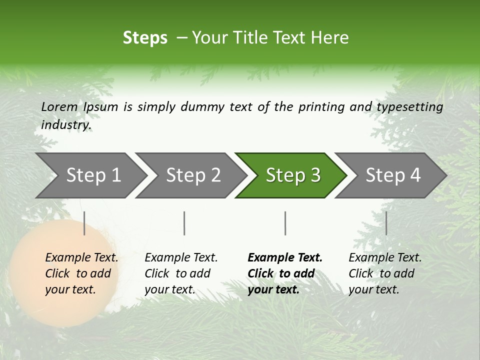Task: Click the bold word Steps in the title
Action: pyautogui.click(x=145, y=38)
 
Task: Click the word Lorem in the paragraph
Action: pyautogui.click(x=59, y=107)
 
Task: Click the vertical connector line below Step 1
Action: pyautogui.click(x=84, y=223)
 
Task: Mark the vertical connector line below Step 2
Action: pyautogui.click(x=184, y=223)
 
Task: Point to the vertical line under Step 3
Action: pyautogui.click(x=285, y=223)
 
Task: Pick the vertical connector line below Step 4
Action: pyautogui.click(x=386, y=223)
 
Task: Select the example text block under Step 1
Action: pyautogui.click(x=81, y=273)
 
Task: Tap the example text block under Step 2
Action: pyautogui.click(x=181, y=273)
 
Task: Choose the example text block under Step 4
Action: pyautogui.click(x=385, y=273)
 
